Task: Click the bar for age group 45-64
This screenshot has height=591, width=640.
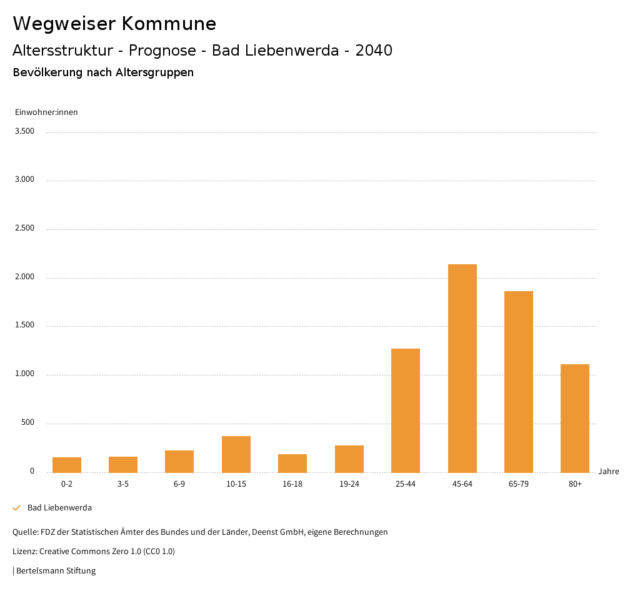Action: click(x=462, y=368)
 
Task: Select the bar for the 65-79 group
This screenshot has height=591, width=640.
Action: click(x=518, y=382)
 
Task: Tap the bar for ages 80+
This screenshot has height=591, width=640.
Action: click(x=574, y=418)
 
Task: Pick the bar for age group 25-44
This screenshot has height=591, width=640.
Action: click(x=406, y=410)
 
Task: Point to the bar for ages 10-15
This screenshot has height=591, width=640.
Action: click(x=236, y=454)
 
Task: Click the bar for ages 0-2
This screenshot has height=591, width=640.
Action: click(x=67, y=465)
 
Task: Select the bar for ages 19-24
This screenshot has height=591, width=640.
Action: click(x=349, y=459)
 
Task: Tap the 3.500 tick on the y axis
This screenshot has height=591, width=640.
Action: click(x=24, y=131)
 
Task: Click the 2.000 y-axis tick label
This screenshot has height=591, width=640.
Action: click(x=24, y=277)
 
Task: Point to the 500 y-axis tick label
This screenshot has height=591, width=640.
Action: click(x=27, y=423)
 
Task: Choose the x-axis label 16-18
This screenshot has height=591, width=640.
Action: click(x=292, y=484)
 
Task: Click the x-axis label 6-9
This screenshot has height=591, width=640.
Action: click(x=179, y=484)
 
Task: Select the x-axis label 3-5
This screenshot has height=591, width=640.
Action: click(x=123, y=484)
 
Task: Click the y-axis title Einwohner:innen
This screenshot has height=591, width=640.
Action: click(x=46, y=112)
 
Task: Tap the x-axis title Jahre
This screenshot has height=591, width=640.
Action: click(x=608, y=472)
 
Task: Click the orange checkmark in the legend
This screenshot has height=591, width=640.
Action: click(x=17, y=508)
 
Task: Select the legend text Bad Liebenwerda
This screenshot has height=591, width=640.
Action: click(x=59, y=508)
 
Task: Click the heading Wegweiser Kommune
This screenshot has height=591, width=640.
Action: click(x=114, y=24)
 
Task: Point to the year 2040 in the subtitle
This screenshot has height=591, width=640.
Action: click(x=374, y=51)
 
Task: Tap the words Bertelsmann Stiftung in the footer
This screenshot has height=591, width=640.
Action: click(x=56, y=570)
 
